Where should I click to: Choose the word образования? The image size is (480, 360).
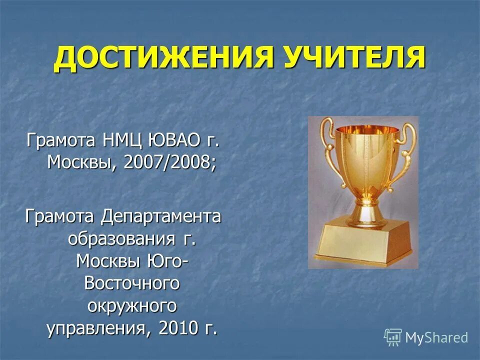pos(121,239)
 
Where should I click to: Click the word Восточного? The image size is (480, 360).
pos(132,283)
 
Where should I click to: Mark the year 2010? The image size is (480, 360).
pos(179,327)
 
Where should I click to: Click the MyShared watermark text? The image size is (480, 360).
pos(436,337)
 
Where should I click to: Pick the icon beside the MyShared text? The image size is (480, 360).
pos(393,337)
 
